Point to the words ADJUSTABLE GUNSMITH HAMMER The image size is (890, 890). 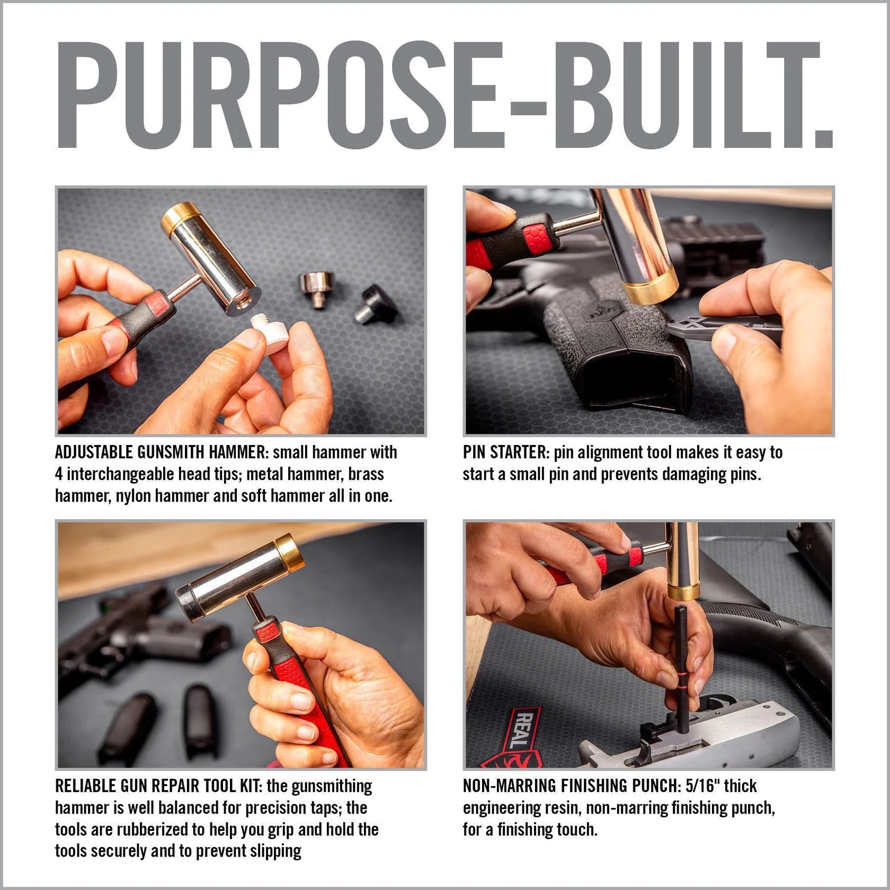pyautogui.click(x=159, y=452)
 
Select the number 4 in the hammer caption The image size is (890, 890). pyautogui.click(x=59, y=474)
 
